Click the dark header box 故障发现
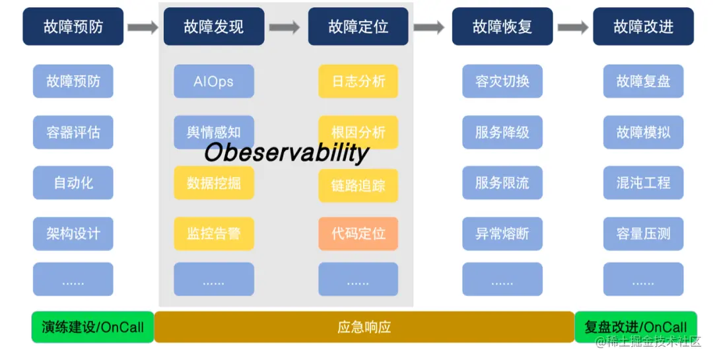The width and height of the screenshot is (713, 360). [214, 26]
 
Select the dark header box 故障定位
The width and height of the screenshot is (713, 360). [358, 26]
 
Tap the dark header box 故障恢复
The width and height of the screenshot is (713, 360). [502, 26]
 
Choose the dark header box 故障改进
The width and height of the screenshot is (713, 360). [643, 26]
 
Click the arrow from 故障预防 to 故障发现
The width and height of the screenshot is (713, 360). [143, 27]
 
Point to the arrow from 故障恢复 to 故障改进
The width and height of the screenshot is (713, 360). [573, 27]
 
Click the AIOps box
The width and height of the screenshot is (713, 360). [214, 82]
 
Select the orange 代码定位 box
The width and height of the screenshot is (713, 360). [358, 234]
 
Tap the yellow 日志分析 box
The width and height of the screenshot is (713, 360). [358, 82]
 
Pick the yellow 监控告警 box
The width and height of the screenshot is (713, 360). [214, 234]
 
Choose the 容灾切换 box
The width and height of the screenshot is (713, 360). [502, 82]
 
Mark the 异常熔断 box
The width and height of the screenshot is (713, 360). [502, 234]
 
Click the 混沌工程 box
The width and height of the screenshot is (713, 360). [643, 183]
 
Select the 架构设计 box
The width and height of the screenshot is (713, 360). [73, 234]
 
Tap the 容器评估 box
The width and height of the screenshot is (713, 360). [73, 132]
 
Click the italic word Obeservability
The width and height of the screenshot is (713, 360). [286, 153]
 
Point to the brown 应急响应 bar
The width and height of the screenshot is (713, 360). [364, 327]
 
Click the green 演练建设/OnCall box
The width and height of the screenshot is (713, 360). [92, 327]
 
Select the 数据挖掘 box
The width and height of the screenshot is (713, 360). [214, 183]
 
